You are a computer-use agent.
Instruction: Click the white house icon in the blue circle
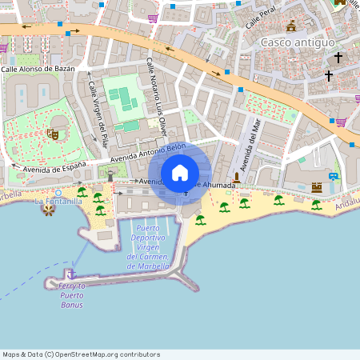(180, 173)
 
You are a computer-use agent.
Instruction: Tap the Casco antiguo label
(298, 42)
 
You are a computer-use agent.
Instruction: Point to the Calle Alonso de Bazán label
(38, 69)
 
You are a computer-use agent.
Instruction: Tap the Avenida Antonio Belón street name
(148, 153)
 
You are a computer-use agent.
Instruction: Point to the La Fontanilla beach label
(59, 202)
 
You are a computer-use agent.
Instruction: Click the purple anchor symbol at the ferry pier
(71, 274)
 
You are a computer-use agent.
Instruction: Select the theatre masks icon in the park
(54, 134)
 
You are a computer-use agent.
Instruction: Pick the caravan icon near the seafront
(334, 176)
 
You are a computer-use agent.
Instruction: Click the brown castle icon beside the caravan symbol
(317, 187)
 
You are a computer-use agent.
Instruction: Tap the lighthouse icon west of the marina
(110, 175)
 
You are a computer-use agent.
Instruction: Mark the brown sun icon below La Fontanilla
(49, 210)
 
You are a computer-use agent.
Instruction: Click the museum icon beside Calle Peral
(291, 26)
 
